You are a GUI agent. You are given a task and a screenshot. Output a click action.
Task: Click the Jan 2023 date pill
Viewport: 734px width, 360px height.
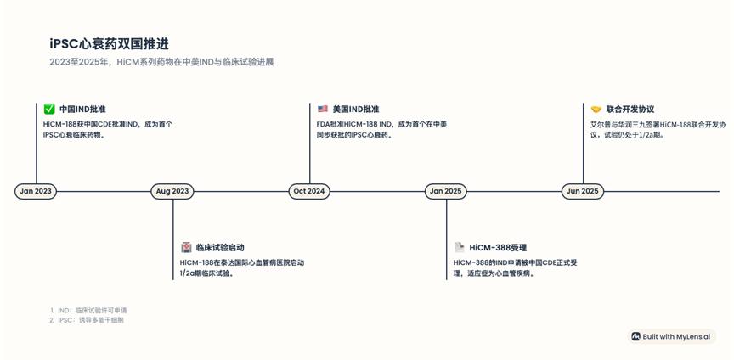[36, 191]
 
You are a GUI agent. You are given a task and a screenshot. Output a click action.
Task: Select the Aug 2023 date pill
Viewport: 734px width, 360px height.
[172, 191]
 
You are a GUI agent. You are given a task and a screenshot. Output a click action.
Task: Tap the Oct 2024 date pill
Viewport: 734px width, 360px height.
[309, 191]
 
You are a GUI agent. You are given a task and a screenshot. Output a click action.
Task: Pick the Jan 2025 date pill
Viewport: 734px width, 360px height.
[446, 191]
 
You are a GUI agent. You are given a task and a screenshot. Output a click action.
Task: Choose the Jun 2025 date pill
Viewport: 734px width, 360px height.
[583, 191]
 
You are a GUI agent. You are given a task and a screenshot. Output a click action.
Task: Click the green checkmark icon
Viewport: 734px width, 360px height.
[49, 110]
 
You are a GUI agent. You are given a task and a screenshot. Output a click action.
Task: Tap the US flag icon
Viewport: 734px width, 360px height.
[323, 110]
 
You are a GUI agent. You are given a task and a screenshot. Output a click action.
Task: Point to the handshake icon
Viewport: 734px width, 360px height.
[596, 110]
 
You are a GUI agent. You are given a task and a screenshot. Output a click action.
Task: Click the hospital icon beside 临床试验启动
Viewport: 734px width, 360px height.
[186, 248]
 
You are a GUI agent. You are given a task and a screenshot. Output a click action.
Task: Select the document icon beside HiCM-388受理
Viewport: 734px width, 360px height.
[460, 248]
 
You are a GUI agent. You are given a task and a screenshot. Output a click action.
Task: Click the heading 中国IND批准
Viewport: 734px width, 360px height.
[82, 110]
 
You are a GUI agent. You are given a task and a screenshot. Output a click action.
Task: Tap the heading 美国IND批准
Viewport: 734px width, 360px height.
[356, 110]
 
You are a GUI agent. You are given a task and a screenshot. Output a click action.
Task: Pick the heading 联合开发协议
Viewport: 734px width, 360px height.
[630, 110]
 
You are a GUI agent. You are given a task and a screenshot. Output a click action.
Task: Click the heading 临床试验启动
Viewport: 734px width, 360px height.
[220, 248]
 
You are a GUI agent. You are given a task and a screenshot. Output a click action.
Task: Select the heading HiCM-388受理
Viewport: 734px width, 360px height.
[498, 248]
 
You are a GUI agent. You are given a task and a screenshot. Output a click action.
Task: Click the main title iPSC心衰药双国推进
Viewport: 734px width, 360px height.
[109, 44]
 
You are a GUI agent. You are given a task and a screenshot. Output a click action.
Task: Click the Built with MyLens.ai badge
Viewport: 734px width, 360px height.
[671, 336]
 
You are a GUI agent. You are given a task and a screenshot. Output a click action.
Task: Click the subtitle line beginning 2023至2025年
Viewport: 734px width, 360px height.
[161, 62]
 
